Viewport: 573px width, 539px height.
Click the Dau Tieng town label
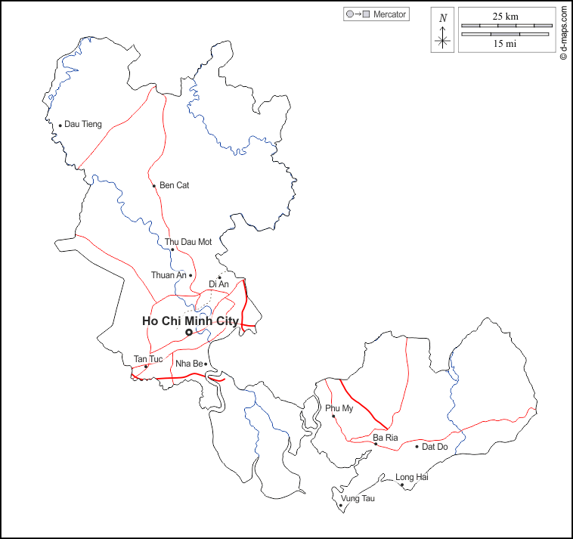point(82,124)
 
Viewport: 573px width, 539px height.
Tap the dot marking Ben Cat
point(153,186)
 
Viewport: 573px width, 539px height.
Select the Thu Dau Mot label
point(188,242)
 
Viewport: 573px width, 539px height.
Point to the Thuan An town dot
point(190,275)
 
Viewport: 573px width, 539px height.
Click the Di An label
point(218,283)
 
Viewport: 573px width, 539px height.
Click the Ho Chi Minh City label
point(190,321)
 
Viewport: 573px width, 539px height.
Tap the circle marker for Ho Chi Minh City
point(188,332)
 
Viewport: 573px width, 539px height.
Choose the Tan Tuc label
point(148,358)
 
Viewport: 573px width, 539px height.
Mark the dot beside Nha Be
point(206,364)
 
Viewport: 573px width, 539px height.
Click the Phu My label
point(339,408)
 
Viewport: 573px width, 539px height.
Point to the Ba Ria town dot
point(376,444)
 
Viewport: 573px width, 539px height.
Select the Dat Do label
point(435,447)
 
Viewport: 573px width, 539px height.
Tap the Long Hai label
point(412,477)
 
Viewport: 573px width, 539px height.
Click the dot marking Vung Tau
point(341,506)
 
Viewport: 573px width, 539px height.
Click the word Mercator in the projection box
point(390,14)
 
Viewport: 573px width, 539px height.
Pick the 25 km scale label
point(506,16)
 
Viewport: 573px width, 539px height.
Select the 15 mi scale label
point(505,44)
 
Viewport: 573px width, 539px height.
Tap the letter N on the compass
point(443,18)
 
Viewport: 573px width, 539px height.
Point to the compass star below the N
point(443,40)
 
